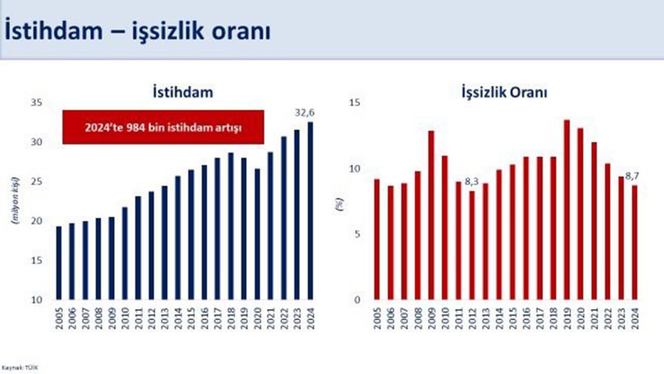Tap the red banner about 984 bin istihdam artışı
pyautogui.click(x=163, y=126)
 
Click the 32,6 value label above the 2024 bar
pyautogui.click(x=305, y=112)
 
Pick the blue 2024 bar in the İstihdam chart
pyautogui.click(x=310, y=211)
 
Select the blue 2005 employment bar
pyautogui.click(x=58, y=263)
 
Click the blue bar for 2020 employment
pyautogui.click(x=257, y=234)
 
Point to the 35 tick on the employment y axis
pyautogui.click(x=37, y=102)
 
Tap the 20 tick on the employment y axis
pyautogui.click(x=37, y=221)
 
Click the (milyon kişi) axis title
pyautogui.click(x=15, y=201)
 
